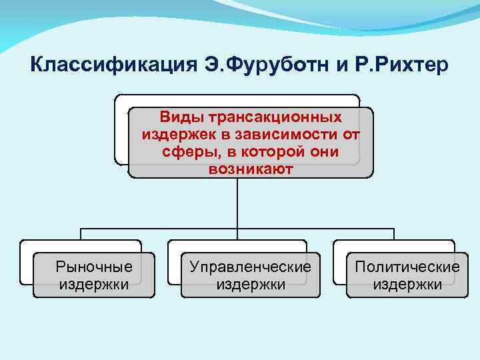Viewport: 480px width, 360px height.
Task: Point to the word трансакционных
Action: tap(275, 117)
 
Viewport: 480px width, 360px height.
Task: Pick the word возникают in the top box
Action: tap(250, 169)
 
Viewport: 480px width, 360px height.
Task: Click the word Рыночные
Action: tap(94, 267)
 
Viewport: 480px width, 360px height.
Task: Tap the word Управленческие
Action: tap(250, 267)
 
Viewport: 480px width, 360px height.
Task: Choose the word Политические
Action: tap(407, 267)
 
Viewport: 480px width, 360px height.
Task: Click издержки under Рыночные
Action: tap(94, 285)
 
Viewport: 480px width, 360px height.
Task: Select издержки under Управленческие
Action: tap(250, 285)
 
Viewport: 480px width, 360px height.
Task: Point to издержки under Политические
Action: tap(407, 285)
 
